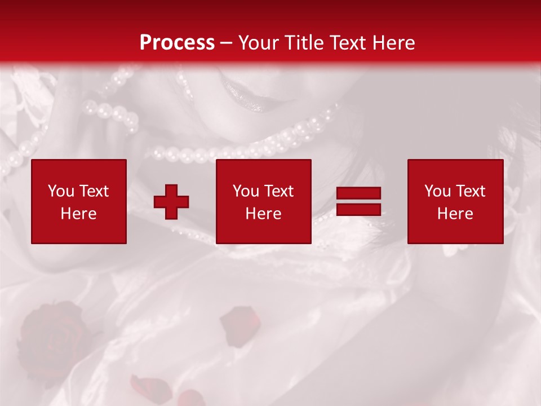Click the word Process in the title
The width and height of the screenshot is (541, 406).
pos(177,43)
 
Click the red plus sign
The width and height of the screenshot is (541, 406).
pos(171,202)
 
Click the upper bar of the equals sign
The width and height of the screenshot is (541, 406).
pos(358,193)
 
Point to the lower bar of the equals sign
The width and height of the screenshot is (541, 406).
pos(358,209)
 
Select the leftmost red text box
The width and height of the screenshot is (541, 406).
pos(79,201)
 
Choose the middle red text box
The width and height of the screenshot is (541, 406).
pos(263,201)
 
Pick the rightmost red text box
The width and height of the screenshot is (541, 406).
pos(455,201)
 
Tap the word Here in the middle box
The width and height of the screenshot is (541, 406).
pos(263,214)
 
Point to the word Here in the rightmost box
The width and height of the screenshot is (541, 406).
pos(455,214)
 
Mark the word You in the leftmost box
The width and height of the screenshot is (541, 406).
pos(61,191)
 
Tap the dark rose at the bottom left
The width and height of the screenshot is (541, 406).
pos(51,333)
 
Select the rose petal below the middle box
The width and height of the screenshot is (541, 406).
pos(241,324)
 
